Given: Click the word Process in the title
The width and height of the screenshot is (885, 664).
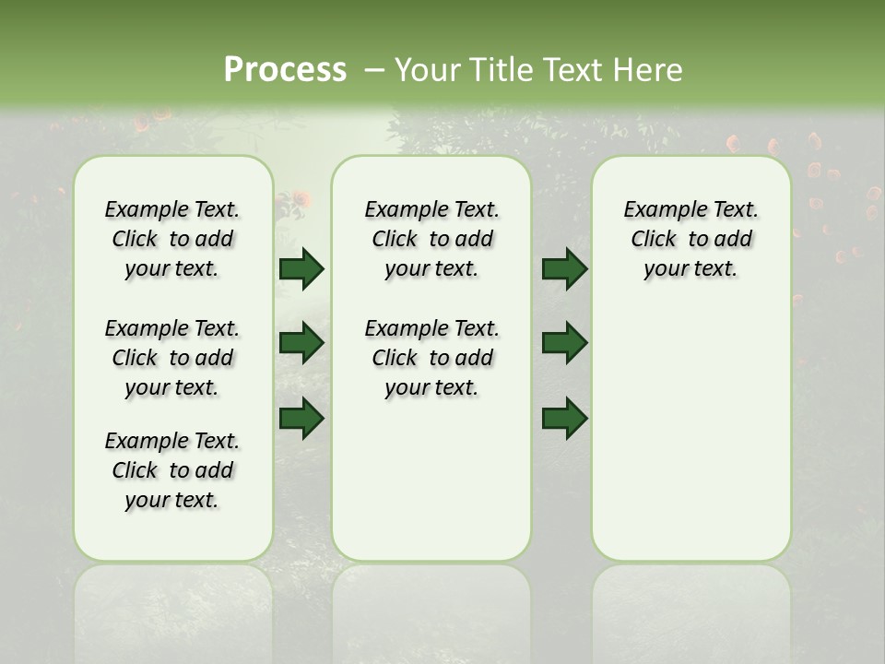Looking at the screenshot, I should click(285, 69).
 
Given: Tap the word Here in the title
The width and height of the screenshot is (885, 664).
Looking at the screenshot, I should click(649, 70).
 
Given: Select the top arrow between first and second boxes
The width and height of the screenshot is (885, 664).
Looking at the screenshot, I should click(301, 269).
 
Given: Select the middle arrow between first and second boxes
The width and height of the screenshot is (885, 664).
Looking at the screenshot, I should click(301, 343).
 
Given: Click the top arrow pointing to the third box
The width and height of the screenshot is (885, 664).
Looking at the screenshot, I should click(564, 269).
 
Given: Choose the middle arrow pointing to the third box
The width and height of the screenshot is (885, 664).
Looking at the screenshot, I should click(564, 343).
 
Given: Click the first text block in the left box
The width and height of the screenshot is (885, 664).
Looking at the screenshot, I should click(172, 239).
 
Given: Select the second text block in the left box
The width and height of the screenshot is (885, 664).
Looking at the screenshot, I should click(172, 358).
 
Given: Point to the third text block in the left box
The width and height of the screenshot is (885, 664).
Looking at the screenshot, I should click(172, 470).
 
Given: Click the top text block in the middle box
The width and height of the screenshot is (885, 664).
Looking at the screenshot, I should click(431, 239).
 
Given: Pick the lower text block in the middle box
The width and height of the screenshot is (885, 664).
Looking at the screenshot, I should click(431, 358).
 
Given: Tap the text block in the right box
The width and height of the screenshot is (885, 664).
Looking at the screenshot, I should click(691, 239).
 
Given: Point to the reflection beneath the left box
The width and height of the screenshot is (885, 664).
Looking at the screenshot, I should click(173, 609).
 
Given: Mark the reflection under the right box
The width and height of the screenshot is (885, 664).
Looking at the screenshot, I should click(691, 609).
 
